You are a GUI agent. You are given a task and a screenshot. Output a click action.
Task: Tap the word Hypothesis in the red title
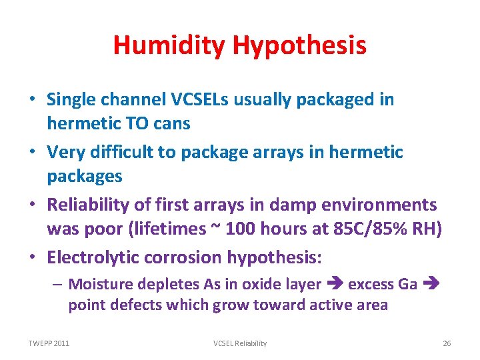(299, 45)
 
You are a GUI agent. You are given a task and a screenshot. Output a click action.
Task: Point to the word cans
(171, 123)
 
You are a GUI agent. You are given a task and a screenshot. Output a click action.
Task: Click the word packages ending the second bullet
(85, 176)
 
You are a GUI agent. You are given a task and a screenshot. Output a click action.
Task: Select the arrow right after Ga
(429, 285)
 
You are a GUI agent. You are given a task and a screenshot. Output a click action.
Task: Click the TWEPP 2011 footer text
(49, 343)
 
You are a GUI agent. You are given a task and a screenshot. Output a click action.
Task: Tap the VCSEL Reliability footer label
(240, 343)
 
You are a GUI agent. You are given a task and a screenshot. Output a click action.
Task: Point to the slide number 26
(447, 343)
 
